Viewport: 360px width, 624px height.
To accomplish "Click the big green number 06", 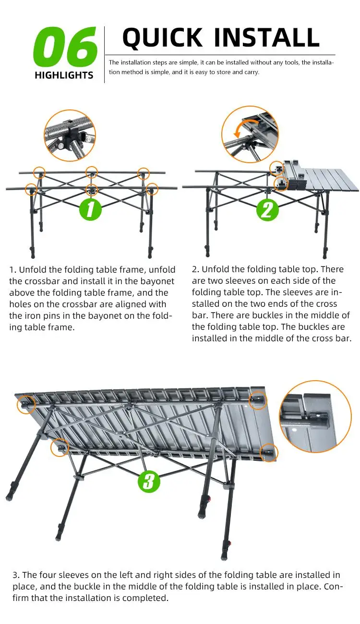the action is click(65, 47).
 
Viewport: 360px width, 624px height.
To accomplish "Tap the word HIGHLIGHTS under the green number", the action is click(64, 75).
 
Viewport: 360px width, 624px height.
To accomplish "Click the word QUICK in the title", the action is click(162, 37).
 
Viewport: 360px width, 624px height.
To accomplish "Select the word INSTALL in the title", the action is click(267, 37).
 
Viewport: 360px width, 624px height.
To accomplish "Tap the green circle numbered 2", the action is click(267, 210).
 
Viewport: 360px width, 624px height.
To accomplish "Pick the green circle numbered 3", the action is click(149, 481).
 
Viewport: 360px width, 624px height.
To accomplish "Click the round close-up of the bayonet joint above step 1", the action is click(70, 135).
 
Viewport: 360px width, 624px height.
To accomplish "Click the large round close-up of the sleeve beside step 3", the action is click(315, 416).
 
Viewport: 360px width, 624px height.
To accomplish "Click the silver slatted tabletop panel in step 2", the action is click(331, 179).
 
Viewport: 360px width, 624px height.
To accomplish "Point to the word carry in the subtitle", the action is click(252, 72).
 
